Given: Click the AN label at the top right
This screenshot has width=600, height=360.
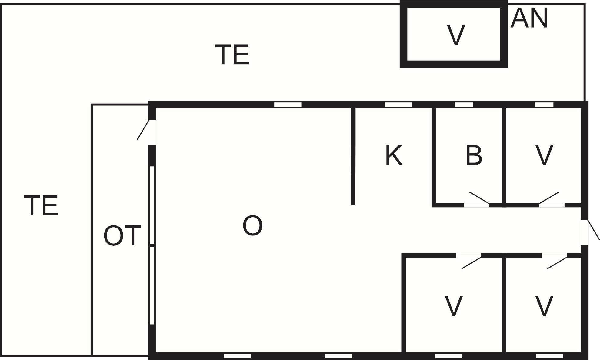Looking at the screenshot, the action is pyautogui.click(x=529, y=18).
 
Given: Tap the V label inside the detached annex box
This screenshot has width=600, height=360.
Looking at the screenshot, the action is pyautogui.click(x=456, y=35).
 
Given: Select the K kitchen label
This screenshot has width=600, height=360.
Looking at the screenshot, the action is pyautogui.click(x=394, y=155).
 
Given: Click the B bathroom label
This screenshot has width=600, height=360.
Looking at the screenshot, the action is pyautogui.click(x=474, y=155).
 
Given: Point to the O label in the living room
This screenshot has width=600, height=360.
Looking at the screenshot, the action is pyautogui.click(x=252, y=225).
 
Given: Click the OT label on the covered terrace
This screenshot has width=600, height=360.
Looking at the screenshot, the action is pyautogui.click(x=122, y=235).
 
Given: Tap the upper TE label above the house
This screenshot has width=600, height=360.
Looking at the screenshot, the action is pyautogui.click(x=232, y=55).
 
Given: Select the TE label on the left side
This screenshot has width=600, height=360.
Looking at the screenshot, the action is pyautogui.click(x=41, y=205).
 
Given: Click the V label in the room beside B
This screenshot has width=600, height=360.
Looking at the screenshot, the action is pyautogui.click(x=544, y=155).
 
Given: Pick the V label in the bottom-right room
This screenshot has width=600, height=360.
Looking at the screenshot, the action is pyautogui.click(x=544, y=306).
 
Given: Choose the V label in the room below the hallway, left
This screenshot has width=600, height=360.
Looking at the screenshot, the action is pyautogui.click(x=453, y=306).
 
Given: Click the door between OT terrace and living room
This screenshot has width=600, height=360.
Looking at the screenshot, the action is pyautogui.click(x=146, y=130).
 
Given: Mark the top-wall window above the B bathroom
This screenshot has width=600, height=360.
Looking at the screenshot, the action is pyautogui.click(x=464, y=105).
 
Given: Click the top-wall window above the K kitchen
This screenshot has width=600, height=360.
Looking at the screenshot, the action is pyautogui.click(x=398, y=105).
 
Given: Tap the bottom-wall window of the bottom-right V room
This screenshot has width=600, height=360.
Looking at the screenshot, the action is pyautogui.click(x=549, y=356).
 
